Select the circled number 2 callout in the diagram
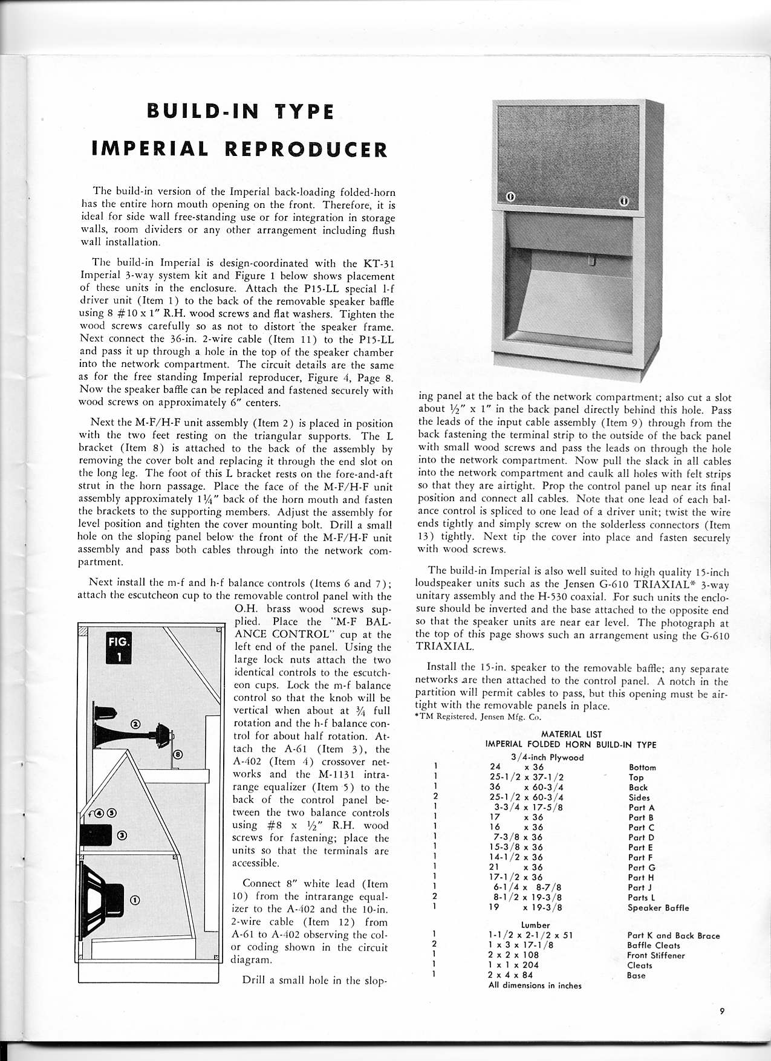pyautogui.click(x=135, y=723)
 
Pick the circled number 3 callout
pyautogui.click(x=122, y=835)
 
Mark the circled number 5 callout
pyautogui.click(x=112, y=813)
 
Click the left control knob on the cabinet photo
pyautogui.click(x=510, y=197)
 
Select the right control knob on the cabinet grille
pyautogui.click(x=623, y=200)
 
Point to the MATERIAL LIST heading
pyautogui.click(x=566, y=735)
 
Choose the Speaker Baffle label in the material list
pyautogui.click(x=658, y=907)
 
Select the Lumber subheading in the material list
pyautogui.click(x=535, y=925)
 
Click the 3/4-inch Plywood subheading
pyautogui.click(x=547, y=757)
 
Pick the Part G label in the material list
pyautogui.click(x=642, y=868)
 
